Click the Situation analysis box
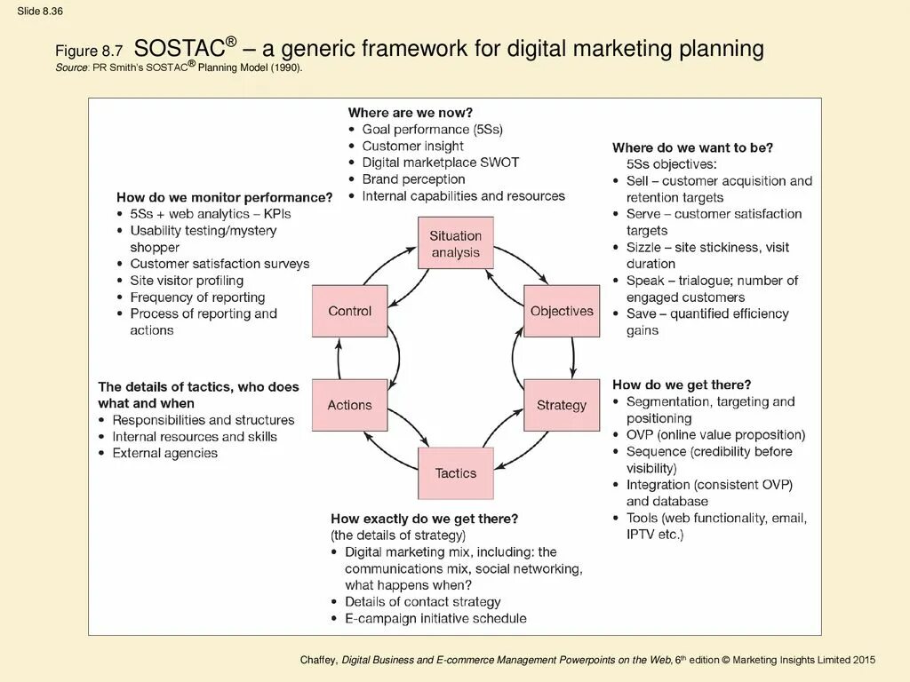click(x=455, y=243)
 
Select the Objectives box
click(x=562, y=311)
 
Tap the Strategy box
click(x=562, y=405)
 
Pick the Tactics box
click(x=455, y=473)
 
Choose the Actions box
click(x=349, y=405)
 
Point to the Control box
click(x=349, y=311)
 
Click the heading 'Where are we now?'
click(x=410, y=113)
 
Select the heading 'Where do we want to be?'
click(x=692, y=147)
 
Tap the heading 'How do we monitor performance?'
click(x=224, y=197)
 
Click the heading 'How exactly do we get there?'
click(x=424, y=518)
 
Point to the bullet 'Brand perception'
click(x=413, y=179)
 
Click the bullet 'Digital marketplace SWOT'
click(x=440, y=163)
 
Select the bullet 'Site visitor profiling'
click(x=187, y=281)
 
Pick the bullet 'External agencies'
click(x=164, y=453)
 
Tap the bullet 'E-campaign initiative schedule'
click(x=435, y=618)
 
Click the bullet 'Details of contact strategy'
click(x=423, y=602)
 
